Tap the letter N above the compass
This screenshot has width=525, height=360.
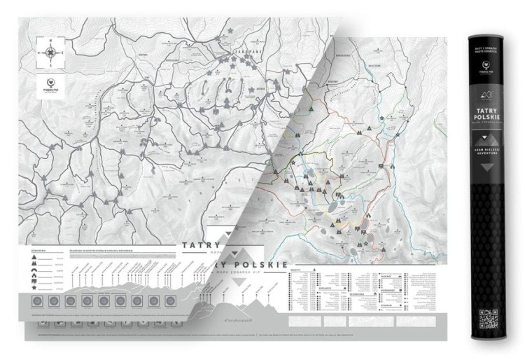(x=49, y=41)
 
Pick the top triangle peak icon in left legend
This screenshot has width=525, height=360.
(x=33, y=258)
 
